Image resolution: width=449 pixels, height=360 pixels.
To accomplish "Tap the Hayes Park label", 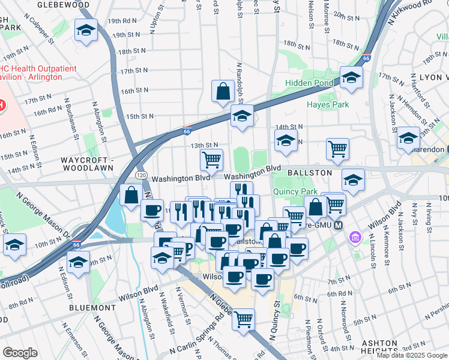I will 328,104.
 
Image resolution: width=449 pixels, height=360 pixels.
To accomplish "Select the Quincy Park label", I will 294,192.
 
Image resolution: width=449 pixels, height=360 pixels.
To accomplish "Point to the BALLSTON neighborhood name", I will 309,172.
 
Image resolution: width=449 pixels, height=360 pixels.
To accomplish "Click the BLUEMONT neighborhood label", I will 96,307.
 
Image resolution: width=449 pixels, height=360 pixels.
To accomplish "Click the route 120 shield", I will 141,174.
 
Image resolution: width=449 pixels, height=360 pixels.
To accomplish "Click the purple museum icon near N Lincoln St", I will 355,238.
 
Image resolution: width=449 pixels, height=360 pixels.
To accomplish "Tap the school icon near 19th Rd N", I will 86,30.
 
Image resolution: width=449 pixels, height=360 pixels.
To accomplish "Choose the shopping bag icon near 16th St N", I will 223,92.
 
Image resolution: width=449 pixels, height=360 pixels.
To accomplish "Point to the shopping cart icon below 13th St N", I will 211,160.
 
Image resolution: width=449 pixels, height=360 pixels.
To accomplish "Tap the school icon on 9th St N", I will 78,262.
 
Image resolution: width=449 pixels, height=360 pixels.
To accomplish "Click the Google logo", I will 20,353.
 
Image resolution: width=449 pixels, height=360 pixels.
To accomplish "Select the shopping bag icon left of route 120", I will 131,195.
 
